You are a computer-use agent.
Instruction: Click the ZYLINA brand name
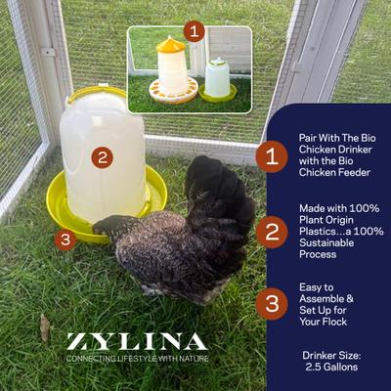(137, 342)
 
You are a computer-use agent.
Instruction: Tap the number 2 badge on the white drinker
(102, 157)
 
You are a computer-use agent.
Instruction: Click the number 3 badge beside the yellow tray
(65, 239)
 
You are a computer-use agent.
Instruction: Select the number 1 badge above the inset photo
(194, 30)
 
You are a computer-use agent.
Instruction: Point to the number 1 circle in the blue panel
(271, 154)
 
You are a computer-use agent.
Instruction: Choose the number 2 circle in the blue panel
(271, 231)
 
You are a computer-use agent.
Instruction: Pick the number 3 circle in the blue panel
(271, 304)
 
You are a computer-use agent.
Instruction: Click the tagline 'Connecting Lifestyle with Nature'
(137, 359)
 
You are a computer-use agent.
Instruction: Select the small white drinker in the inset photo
(217, 78)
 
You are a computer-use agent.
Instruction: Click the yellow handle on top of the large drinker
(98, 92)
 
